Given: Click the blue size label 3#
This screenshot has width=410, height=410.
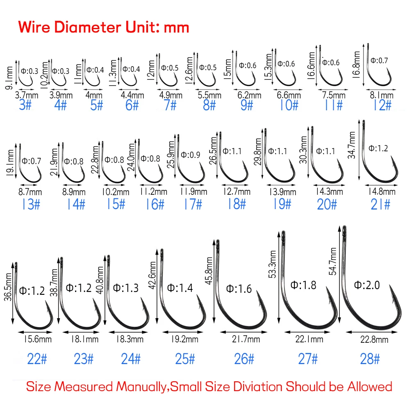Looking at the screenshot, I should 26,106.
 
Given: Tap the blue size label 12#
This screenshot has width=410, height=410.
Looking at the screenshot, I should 382,106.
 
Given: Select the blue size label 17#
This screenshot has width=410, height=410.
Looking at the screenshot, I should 192,203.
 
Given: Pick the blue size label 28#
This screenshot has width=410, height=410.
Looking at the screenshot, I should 370,359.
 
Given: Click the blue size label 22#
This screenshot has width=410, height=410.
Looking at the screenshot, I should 37,359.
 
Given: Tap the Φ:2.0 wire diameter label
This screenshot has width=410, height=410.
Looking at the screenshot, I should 366,285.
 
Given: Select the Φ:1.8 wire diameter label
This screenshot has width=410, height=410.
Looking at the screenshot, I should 303,285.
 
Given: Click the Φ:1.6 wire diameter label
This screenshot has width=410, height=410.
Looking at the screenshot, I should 239,289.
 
